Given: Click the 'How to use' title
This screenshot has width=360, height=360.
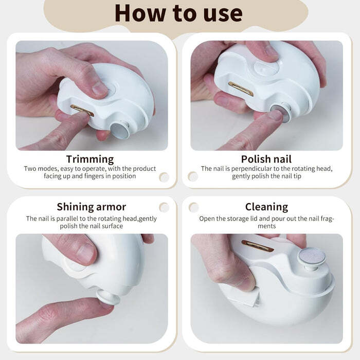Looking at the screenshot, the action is pyautogui.click(x=178, y=13).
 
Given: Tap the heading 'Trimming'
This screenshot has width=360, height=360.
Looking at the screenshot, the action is pyautogui.click(x=90, y=159).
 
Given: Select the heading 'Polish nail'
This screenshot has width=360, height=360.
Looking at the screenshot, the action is pyautogui.click(x=266, y=159).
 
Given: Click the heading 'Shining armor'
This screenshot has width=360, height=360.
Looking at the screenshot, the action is pyautogui.click(x=92, y=207).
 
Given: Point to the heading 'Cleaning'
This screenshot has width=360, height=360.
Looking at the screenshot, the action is pyautogui.click(x=266, y=207).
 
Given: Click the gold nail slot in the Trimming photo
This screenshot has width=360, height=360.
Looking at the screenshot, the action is pyautogui.click(x=82, y=111).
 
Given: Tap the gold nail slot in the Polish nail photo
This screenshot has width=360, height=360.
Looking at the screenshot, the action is pyautogui.click(x=241, y=88).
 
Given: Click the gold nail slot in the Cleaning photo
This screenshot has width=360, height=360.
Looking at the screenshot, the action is pyautogui.click(x=258, y=246).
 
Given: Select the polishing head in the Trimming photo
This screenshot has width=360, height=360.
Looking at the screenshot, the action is pyautogui.click(x=120, y=131).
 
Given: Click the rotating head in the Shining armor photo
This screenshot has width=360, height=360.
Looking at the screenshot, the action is pyautogui.click(x=108, y=297).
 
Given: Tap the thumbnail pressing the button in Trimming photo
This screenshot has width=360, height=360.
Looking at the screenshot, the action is pyautogui.click(x=99, y=88).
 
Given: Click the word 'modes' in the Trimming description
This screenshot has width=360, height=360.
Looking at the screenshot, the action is pyautogui.click(x=48, y=169).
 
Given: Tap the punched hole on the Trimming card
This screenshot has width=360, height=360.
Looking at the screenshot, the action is pyautogui.click(x=164, y=177).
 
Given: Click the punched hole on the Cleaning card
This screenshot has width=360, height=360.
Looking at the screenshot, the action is pyautogui.click(x=194, y=208).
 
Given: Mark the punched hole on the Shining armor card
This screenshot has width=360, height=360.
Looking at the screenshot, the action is pyautogui.click(x=164, y=207).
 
